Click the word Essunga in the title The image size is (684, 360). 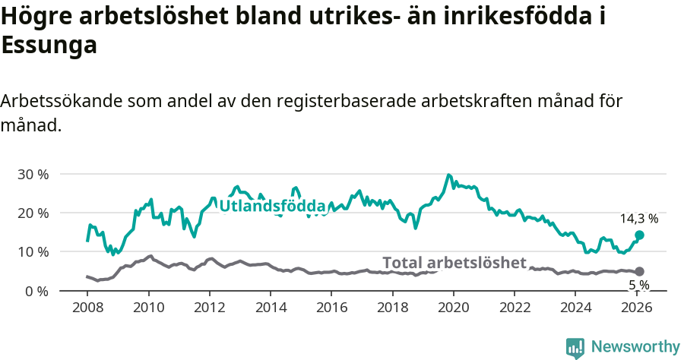(x=49, y=46)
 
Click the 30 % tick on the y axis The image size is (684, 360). (x=33, y=174)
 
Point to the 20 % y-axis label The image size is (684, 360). (x=33, y=213)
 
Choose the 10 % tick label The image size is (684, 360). (x=33, y=251)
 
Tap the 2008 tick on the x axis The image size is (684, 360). (x=87, y=308)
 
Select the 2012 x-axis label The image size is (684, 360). (x=209, y=308)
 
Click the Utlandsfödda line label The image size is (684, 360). (x=272, y=206)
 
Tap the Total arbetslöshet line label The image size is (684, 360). (x=454, y=263)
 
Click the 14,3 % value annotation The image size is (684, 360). (x=638, y=219)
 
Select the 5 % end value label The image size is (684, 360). (x=638, y=285)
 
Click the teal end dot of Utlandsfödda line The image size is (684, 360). (x=639, y=235)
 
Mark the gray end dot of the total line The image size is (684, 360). (x=639, y=271)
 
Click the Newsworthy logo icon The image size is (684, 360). (x=575, y=348)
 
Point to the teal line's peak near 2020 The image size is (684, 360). (x=448, y=175)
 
